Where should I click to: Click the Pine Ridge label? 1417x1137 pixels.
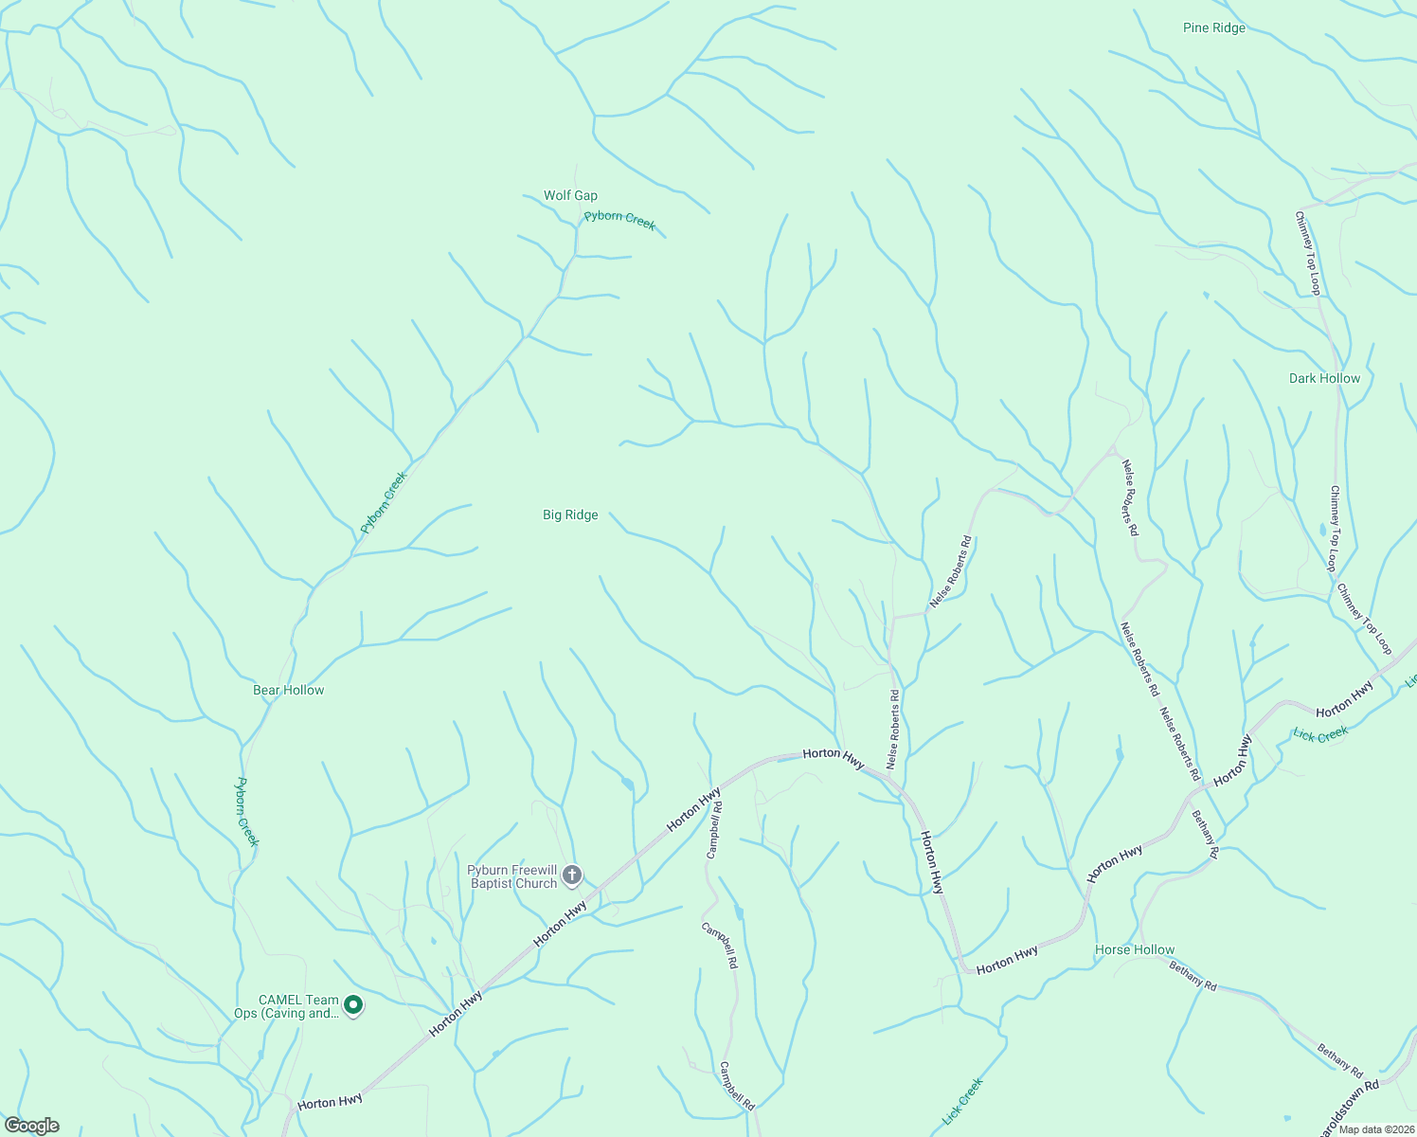[x=1213, y=28]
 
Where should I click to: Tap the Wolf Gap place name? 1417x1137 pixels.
[x=570, y=196]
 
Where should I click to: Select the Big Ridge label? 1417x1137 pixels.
[x=570, y=515]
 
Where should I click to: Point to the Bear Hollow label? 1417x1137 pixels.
[x=288, y=691]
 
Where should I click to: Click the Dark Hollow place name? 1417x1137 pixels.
[x=1324, y=379]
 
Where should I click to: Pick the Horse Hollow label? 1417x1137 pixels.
[x=1134, y=950]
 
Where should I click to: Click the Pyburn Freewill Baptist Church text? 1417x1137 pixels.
[x=512, y=877]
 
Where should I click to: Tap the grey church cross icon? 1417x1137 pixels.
[x=572, y=875]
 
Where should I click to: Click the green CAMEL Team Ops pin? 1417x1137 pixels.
[x=353, y=1004]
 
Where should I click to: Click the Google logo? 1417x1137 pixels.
[x=31, y=1126]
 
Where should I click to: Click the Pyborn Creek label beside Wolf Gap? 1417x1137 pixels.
[x=619, y=220]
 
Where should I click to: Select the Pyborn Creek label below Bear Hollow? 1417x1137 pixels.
[x=246, y=812]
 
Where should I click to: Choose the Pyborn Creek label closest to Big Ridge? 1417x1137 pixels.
[x=384, y=502]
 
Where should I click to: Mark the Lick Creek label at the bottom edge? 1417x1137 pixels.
[x=963, y=1102]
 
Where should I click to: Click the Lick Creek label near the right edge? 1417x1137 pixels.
[x=1320, y=734]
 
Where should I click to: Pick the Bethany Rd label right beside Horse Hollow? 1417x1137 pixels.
[x=1193, y=975]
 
